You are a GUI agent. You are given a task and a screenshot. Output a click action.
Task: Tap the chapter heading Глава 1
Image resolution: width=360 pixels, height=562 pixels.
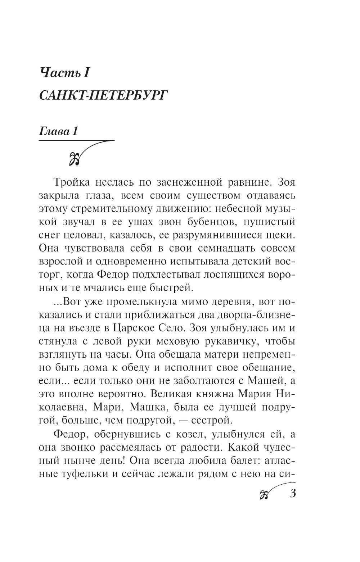[58, 132]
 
